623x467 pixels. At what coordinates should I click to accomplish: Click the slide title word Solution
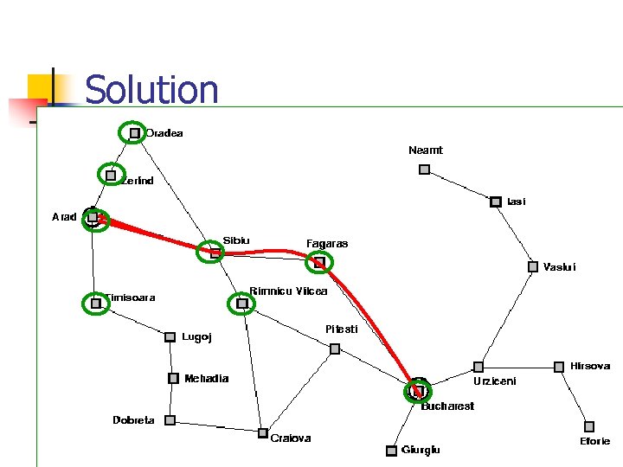pyautogui.click(x=151, y=90)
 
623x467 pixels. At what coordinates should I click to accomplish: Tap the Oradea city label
pyautogui.click(x=164, y=133)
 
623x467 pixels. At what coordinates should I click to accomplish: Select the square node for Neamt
pyautogui.click(x=424, y=170)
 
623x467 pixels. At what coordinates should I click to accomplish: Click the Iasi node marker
pyautogui.click(x=496, y=202)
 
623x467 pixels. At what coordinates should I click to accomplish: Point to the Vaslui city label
pyautogui.click(x=559, y=267)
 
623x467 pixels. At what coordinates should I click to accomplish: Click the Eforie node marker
pyautogui.click(x=589, y=426)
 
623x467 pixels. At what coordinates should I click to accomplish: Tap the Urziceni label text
pyautogui.click(x=494, y=381)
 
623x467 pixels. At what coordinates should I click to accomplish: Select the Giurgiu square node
pyautogui.click(x=391, y=450)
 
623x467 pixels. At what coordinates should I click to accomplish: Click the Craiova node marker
pyautogui.click(x=263, y=432)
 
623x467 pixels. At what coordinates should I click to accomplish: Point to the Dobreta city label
pyautogui.click(x=134, y=420)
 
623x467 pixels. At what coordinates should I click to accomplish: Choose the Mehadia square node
pyautogui.click(x=173, y=378)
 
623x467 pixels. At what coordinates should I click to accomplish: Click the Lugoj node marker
pyautogui.click(x=170, y=337)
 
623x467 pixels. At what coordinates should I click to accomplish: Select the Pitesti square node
pyautogui.click(x=335, y=349)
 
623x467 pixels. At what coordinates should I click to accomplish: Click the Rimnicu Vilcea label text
pyautogui.click(x=288, y=291)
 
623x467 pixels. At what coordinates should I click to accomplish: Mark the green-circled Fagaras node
pyautogui.click(x=319, y=261)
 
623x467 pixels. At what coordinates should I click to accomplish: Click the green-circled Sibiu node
pyautogui.click(x=214, y=253)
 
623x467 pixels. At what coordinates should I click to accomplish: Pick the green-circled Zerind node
pyautogui.click(x=111, y=176)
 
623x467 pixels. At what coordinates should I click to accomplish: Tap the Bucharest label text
pyautogui.click(x=447, y=406)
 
